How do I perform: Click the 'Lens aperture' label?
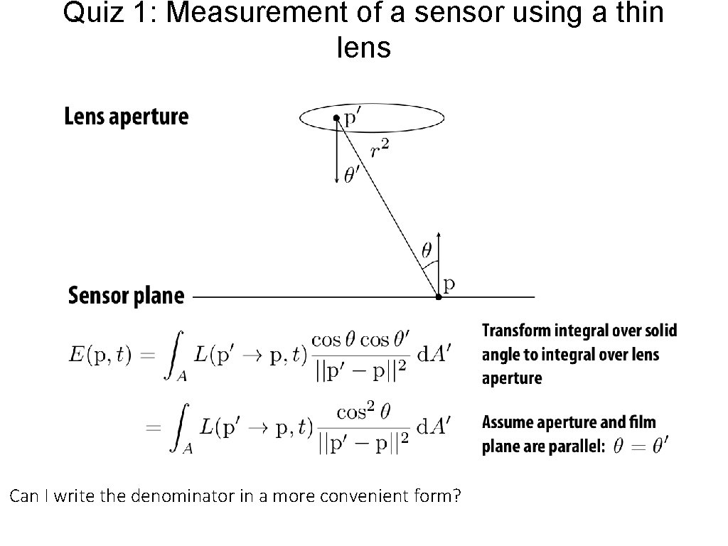pos(127,117)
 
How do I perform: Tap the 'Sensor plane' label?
pos(126,296)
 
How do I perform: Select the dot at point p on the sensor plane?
pos(438,296)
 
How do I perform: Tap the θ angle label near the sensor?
pos(426,250)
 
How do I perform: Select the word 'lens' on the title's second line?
pos(363,48)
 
